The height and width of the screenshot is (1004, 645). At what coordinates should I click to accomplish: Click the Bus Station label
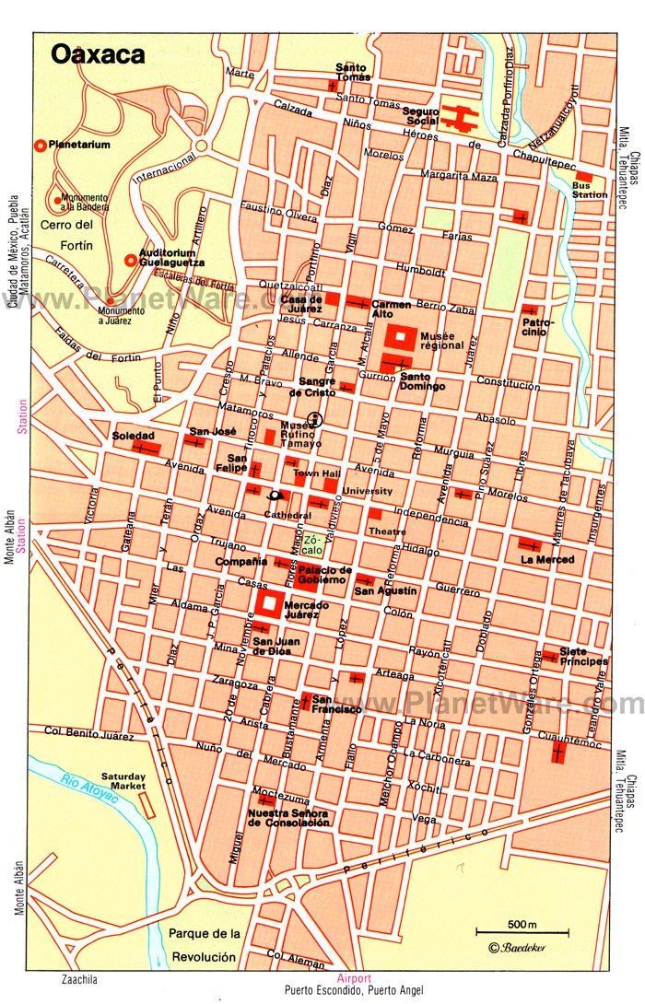pyautogui.click(x=590, y=190)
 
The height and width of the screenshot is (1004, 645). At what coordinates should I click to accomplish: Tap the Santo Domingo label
pyautogui.click(x=422, y=380)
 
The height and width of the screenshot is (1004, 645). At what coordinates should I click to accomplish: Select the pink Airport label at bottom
pyautogui.click(x=354, y=978)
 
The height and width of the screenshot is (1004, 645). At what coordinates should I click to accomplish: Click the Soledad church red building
pyautogui.click(x=145, y=448)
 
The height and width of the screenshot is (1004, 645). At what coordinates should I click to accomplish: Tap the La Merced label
pyautogui.click(x=547, y=559)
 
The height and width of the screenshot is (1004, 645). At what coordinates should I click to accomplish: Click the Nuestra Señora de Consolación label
pyautogui.click(x=288, y=818)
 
